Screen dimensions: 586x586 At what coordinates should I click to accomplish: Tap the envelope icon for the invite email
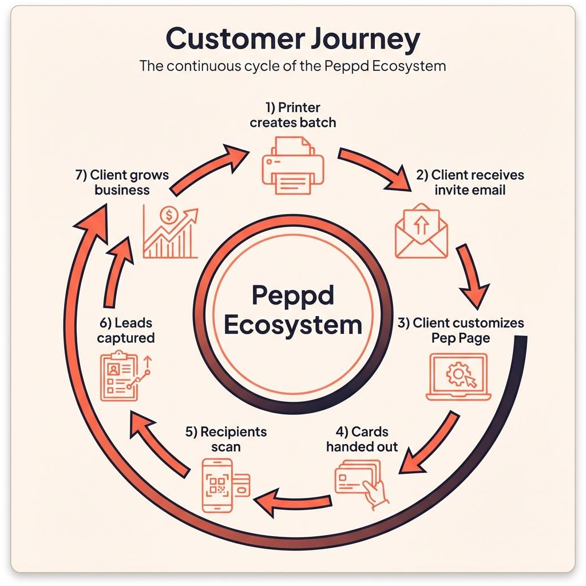421,231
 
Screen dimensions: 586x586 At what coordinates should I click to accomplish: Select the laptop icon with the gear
457,377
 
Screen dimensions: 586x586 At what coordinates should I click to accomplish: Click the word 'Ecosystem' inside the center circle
292,324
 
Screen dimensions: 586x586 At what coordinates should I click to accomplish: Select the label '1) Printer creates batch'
293,114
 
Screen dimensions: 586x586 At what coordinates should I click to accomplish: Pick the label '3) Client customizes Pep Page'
461,330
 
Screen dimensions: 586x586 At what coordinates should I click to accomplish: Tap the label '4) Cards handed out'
362,438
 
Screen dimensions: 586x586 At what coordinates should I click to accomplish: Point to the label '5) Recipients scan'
226,438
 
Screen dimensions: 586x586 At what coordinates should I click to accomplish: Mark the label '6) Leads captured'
125,330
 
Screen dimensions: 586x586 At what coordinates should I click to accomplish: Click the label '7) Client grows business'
122,182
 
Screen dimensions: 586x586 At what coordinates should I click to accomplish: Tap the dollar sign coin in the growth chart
169,216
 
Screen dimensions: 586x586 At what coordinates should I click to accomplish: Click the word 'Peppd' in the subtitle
347,65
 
